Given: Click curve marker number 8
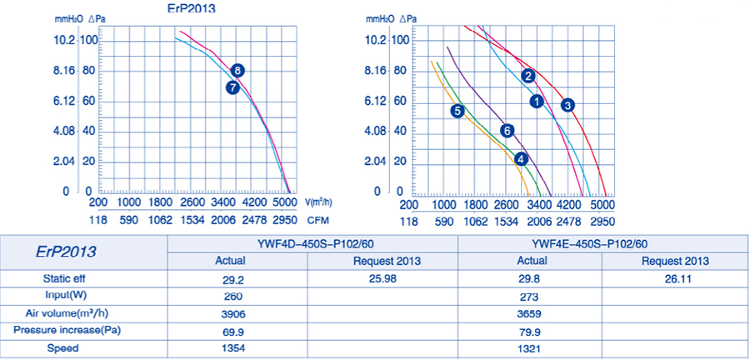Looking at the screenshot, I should pyautogui.click(x=238, y=71).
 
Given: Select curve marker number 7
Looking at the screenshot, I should pyautogui.click(x=232, y=87).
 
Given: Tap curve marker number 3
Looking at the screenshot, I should pyautogui.click(x=567, y=105).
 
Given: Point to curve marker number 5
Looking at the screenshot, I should pyautogui.click(x=457, y=111).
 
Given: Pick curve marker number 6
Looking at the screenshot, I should pyautogui.click(x=506, y=130).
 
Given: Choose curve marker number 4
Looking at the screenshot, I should pyautogui.click(x=521, y=158).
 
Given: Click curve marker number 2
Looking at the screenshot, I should pyautogui.click(x=528, y=76).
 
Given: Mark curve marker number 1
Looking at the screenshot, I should pyautogui.click(x=537, y=101).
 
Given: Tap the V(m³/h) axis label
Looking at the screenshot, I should pyautogui.click(x=318, y=202).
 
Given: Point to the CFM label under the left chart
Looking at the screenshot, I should pyautogui.click(x=317, y=222).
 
